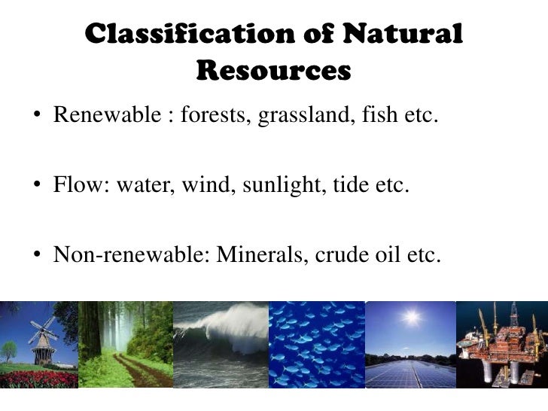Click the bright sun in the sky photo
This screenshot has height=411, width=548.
click(412, 317)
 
